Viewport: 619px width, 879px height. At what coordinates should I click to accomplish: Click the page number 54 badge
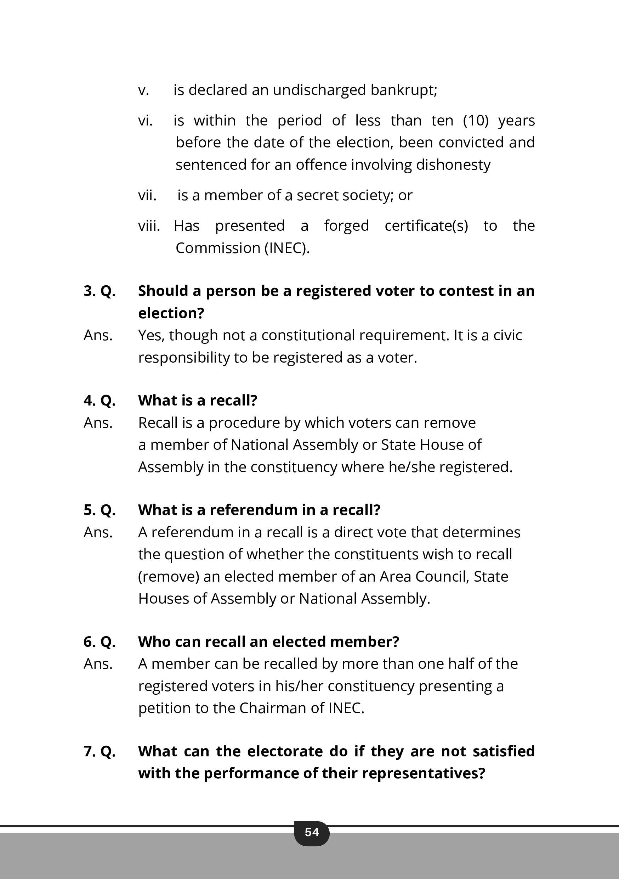311,832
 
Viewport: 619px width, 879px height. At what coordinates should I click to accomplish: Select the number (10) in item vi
476,121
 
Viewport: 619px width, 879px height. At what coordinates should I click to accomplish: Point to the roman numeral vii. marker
147,195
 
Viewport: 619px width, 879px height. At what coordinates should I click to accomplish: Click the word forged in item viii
346,226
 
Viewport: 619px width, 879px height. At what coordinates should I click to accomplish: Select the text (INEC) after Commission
286,248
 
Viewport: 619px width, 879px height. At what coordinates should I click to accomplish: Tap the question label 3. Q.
100,291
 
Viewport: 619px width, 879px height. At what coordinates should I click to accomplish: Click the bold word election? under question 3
171,313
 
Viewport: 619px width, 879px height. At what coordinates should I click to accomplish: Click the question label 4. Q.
100,401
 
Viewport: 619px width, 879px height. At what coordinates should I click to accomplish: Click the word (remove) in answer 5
169,577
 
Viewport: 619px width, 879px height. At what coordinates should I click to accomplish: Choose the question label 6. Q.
100,642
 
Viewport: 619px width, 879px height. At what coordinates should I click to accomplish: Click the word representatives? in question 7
423,773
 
